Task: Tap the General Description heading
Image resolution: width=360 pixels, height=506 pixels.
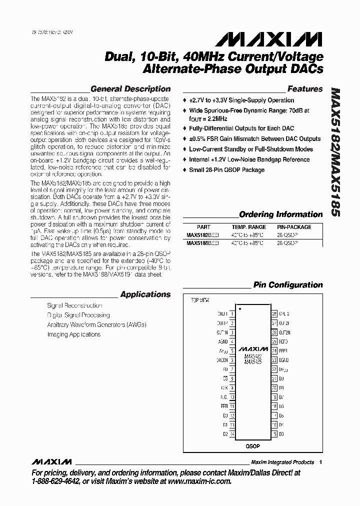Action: pos(130,89)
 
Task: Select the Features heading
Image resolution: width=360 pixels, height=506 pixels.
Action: pos(305,89)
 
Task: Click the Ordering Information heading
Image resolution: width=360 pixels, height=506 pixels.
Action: pos(281,214)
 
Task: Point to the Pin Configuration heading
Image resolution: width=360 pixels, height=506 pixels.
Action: pos(287,285)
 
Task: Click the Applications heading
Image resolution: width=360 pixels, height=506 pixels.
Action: pos(145,294)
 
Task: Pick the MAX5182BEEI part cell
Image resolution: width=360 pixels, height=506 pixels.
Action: pos(202,234)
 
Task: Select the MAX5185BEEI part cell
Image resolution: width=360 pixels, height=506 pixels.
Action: pos(202,242)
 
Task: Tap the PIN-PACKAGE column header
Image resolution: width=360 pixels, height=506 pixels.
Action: pos(294,226)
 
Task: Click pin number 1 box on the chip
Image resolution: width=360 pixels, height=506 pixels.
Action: pos(232,314)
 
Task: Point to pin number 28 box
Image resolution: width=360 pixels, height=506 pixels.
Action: pos(274,314)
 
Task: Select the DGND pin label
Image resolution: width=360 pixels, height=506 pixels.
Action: pos(283,360)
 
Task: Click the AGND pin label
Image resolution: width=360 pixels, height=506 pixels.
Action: pos(222,341)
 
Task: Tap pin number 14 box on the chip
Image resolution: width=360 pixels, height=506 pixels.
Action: pos(232,434)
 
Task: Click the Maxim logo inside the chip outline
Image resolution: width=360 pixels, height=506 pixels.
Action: pos(253,348)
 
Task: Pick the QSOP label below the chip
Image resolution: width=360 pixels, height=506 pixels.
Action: pos(252,445)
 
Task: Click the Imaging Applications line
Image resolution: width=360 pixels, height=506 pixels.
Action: pos(73,334)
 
